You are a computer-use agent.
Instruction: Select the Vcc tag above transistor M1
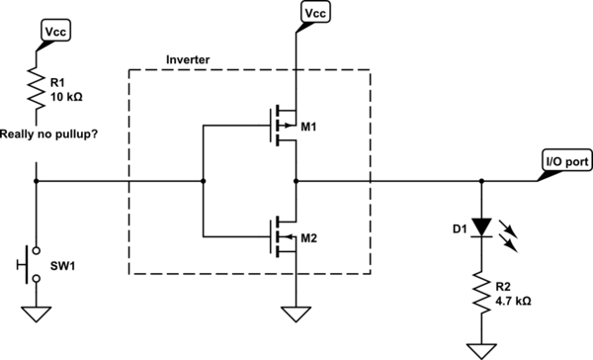313,12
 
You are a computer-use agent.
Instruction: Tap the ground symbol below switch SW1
37,315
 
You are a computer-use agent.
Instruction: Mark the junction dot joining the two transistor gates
203,182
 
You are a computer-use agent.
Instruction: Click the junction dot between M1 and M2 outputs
295,182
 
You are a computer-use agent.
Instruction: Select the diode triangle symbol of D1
481,226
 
